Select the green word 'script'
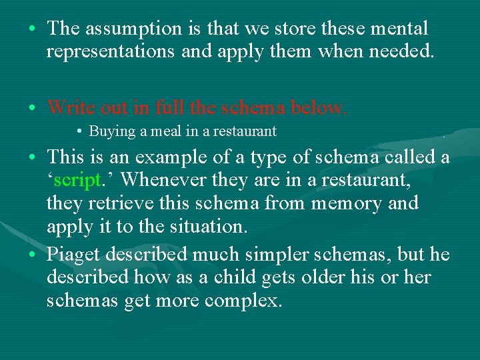(78, 179)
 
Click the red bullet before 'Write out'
(32, 107)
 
